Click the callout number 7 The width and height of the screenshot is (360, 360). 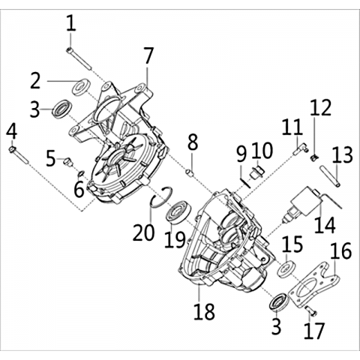148,56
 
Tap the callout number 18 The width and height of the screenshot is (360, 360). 205,311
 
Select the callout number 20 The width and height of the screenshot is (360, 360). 143,232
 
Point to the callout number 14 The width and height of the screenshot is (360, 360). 325,225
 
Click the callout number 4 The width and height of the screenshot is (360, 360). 12,132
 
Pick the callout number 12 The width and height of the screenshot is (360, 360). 321,107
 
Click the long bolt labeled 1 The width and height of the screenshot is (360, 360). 79,59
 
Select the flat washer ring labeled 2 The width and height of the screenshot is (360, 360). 81,87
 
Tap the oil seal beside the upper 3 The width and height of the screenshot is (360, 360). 62,109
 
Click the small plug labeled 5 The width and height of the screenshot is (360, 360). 67,161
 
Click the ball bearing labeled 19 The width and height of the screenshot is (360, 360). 178,212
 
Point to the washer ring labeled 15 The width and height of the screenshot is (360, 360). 286,268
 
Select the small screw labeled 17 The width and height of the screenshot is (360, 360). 311,310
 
